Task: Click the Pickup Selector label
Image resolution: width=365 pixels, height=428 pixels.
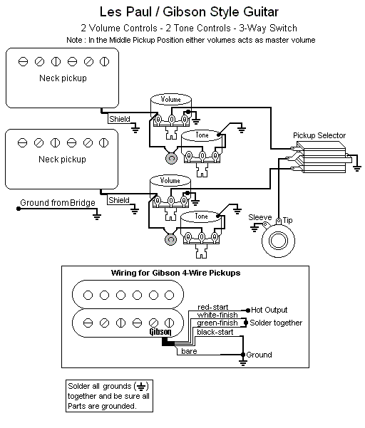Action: click(319, 135)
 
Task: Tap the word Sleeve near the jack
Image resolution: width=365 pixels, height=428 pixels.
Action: click(259, 217)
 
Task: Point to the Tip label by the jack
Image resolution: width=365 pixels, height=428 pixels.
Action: click(288, 220)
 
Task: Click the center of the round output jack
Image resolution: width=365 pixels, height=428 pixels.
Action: click(278, 241)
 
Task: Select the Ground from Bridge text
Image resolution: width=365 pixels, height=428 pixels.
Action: click(58, 203)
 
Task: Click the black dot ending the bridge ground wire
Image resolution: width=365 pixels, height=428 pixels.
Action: click(19, 209)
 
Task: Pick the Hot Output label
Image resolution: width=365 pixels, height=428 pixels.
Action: click(269, 310)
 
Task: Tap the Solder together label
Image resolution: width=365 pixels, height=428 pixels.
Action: click(276, 323)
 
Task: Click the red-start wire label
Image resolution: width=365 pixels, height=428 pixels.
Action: click(213, 308)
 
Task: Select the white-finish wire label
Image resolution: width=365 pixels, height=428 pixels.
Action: click(217, 315)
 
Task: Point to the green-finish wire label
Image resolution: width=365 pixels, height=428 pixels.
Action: click(217, 323)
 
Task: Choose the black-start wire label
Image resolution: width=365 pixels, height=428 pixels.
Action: click(215, 332)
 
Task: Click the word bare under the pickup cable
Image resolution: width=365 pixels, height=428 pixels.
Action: click(189, 351)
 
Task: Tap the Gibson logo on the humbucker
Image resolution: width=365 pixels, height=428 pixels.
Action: click(160, 332)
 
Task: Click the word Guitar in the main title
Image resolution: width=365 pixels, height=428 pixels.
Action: click(261, 12)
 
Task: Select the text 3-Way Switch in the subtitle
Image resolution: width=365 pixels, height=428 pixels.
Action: click(268, 28)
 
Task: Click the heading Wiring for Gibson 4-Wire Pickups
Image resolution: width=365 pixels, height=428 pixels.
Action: click(175, 273)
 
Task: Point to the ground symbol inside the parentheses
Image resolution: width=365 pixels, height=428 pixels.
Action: click(141, 387)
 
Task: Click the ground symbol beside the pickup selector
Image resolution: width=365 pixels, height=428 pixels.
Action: click(357, 168)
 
